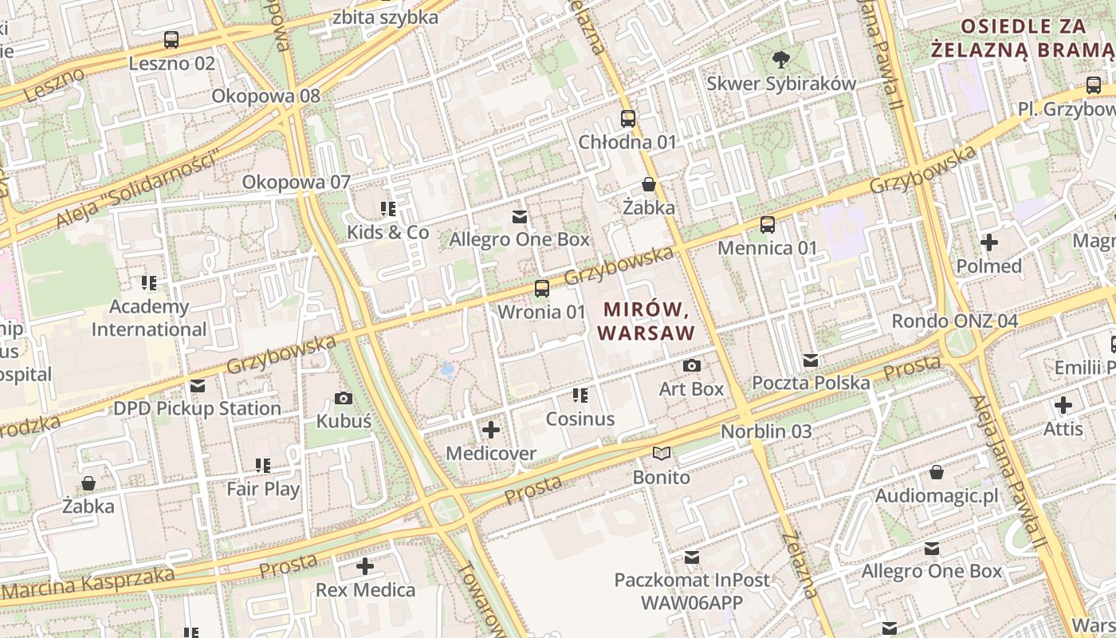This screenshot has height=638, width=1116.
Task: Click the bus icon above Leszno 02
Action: pos(171,39)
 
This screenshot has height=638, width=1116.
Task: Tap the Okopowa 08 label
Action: pos(265,96)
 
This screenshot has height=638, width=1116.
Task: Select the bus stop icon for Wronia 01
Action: pos(542,288)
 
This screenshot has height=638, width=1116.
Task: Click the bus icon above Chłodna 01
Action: pos(628,119)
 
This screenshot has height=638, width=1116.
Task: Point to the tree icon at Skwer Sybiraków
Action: pos(781,59)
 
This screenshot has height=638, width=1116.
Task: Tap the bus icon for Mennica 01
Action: pos(768,224)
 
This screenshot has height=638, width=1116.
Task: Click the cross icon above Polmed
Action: pos(989,242)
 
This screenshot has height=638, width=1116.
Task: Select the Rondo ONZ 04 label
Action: pos(954,321)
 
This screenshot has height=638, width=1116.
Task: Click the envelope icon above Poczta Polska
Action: pos(811,360)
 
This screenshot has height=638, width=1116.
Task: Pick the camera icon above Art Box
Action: pos(692,365)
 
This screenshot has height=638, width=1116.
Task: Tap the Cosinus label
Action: pos(580,419)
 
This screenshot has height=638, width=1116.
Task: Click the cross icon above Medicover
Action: pos(491,430)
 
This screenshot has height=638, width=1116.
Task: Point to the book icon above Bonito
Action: pos(662,454)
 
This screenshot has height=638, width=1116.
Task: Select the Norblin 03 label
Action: pos(766,431)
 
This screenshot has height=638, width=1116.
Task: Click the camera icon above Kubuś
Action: pos(344,398)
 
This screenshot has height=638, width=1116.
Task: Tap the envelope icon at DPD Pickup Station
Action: pos(198,386)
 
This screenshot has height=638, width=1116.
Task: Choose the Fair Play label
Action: pos(263,489)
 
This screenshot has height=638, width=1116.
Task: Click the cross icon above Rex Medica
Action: pos(365,566)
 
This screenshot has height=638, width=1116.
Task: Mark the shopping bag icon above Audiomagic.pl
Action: pos(937,472)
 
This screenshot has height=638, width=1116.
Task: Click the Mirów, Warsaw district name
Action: pos(646,321)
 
